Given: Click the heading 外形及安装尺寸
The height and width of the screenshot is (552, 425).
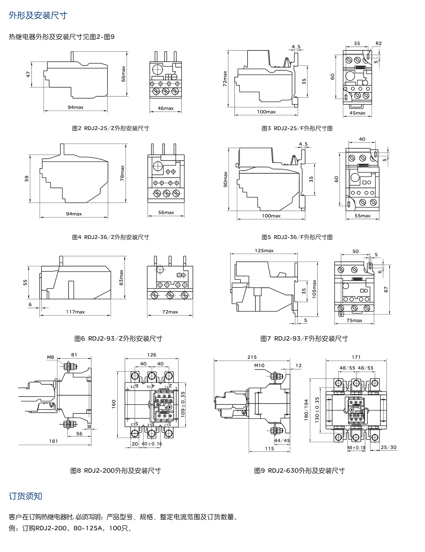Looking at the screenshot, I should point(38,16).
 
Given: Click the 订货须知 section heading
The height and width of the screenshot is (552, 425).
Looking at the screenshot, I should point(25,496).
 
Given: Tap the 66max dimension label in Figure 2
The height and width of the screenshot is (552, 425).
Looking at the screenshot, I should point(123,74).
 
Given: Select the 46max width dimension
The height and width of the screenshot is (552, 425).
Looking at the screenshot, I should point(166,108).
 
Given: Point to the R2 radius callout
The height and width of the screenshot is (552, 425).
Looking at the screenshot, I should point(378,43).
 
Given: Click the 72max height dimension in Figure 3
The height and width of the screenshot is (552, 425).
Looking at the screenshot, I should point(225,79).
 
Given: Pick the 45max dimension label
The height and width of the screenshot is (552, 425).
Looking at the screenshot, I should point(357,113).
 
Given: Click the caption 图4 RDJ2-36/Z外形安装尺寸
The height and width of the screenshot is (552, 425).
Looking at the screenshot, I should point(110,237).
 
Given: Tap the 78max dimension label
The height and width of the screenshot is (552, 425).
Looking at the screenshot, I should point(122,173).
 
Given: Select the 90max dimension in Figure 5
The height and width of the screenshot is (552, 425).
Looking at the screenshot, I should point(225,179).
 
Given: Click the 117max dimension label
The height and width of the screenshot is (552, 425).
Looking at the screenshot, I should point(75,312).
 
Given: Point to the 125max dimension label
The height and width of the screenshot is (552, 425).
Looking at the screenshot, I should point(264,250).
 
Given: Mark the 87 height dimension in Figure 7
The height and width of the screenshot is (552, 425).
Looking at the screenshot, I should point(386,290).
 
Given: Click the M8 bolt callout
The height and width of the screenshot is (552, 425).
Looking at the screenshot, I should point(51,357).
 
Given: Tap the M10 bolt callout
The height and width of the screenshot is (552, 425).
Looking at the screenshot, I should point(259,366).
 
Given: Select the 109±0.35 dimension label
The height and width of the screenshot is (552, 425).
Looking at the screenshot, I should point(183,404).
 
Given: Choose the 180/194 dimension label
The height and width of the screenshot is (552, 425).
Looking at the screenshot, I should point(306,410).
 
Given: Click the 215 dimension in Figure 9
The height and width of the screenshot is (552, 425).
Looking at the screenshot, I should point(252,357).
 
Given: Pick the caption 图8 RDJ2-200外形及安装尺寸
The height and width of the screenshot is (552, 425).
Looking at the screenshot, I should point(115,471).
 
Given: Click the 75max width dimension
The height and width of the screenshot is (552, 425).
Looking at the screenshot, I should point(354,320).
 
